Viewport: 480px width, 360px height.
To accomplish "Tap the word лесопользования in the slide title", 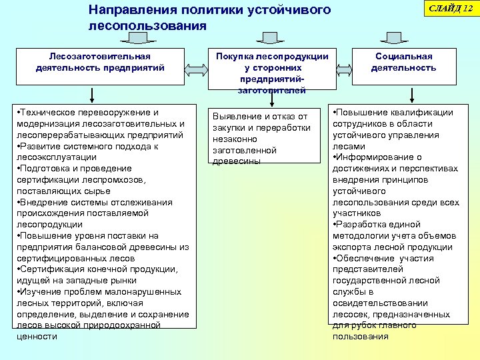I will click(x=147, y=26).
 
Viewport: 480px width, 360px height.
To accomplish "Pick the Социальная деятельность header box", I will click(x=404, y=63).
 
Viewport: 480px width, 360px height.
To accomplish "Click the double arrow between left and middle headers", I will click(x=197, y=67).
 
